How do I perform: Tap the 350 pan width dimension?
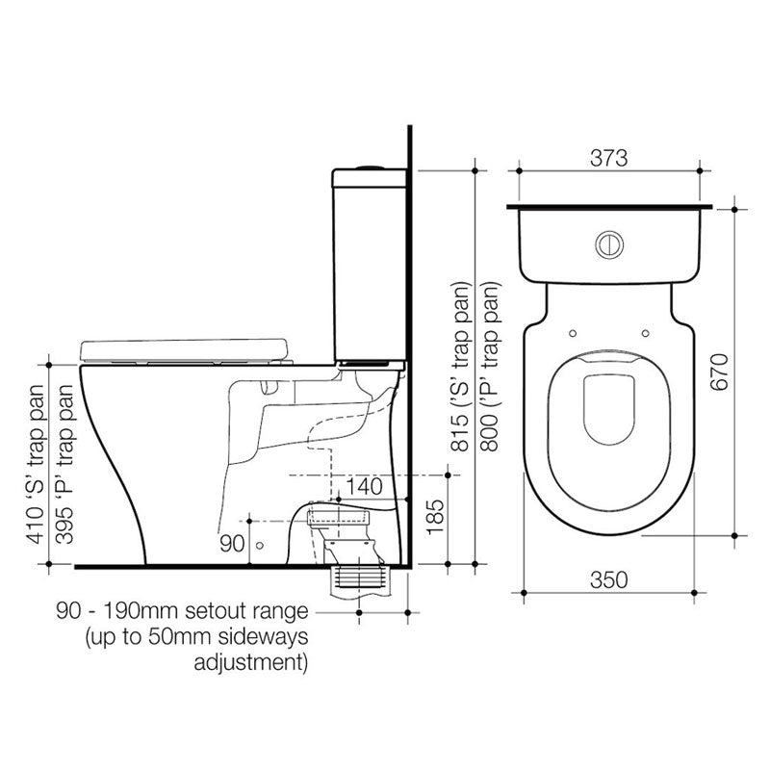point(607,579)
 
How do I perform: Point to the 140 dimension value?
point(364,487)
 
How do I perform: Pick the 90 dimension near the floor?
point(232,544)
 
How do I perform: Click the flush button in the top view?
point(608,244)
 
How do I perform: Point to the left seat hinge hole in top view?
point(573,334)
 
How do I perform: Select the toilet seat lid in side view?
point(185,347)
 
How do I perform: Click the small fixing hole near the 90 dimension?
point(258,545)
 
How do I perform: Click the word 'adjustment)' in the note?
point(251,662)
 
